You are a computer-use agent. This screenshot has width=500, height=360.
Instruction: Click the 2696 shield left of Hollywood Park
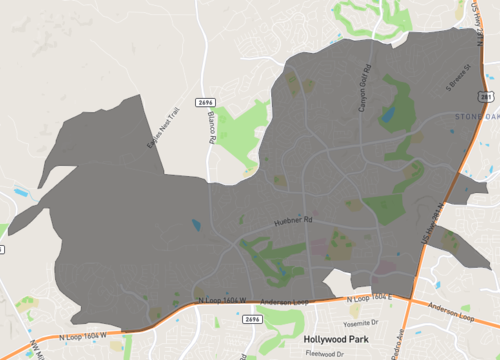pos(252,319)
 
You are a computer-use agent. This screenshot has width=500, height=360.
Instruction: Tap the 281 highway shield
pos(485,95)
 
